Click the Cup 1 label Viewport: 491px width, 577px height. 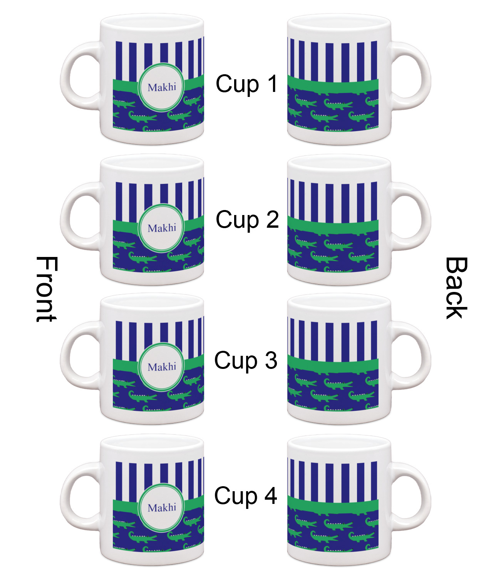tap(246, 84)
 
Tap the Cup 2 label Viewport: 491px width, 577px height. tap(247, 220)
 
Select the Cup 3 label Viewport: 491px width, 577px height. tap(246, 360)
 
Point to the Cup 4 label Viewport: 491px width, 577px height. tap(246, 495)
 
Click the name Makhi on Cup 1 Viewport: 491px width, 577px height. tap(162, 87)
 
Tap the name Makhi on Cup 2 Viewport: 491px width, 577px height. tap(162, 228)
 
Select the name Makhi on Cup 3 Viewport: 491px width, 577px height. tap(162, 367)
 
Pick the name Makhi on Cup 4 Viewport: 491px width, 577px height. tap(162, 508)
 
